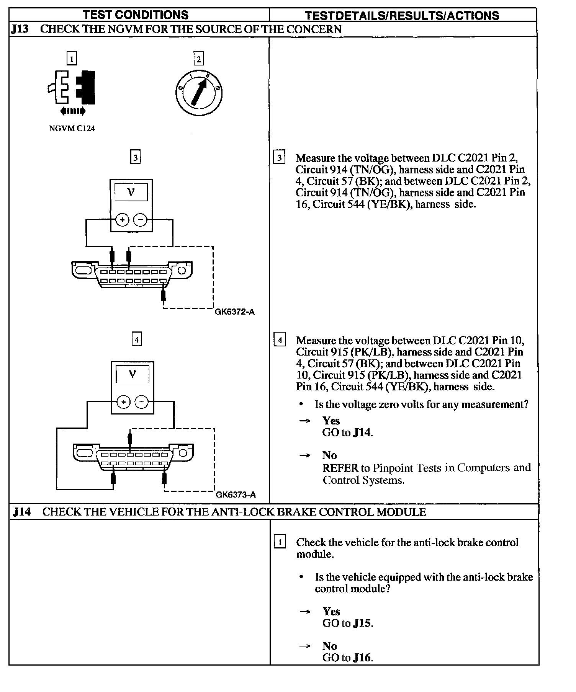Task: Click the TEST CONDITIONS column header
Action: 136,15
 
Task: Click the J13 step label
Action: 20,29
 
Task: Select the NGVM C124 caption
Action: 72,129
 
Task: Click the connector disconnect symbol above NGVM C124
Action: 72,87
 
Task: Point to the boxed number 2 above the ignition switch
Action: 198,59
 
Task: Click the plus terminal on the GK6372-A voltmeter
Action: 122,220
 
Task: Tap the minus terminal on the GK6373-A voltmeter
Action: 142,402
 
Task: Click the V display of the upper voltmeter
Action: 131,192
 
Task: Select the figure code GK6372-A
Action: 235,312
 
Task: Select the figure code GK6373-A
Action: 236,495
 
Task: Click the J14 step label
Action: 21,512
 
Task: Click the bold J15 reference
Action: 362,623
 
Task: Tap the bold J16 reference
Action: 362,658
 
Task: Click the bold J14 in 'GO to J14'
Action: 362,432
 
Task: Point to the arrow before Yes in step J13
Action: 305,421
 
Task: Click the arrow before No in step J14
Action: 305,646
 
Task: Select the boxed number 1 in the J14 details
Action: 280,542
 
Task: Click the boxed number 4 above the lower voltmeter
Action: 136,339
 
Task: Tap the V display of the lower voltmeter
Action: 133,374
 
